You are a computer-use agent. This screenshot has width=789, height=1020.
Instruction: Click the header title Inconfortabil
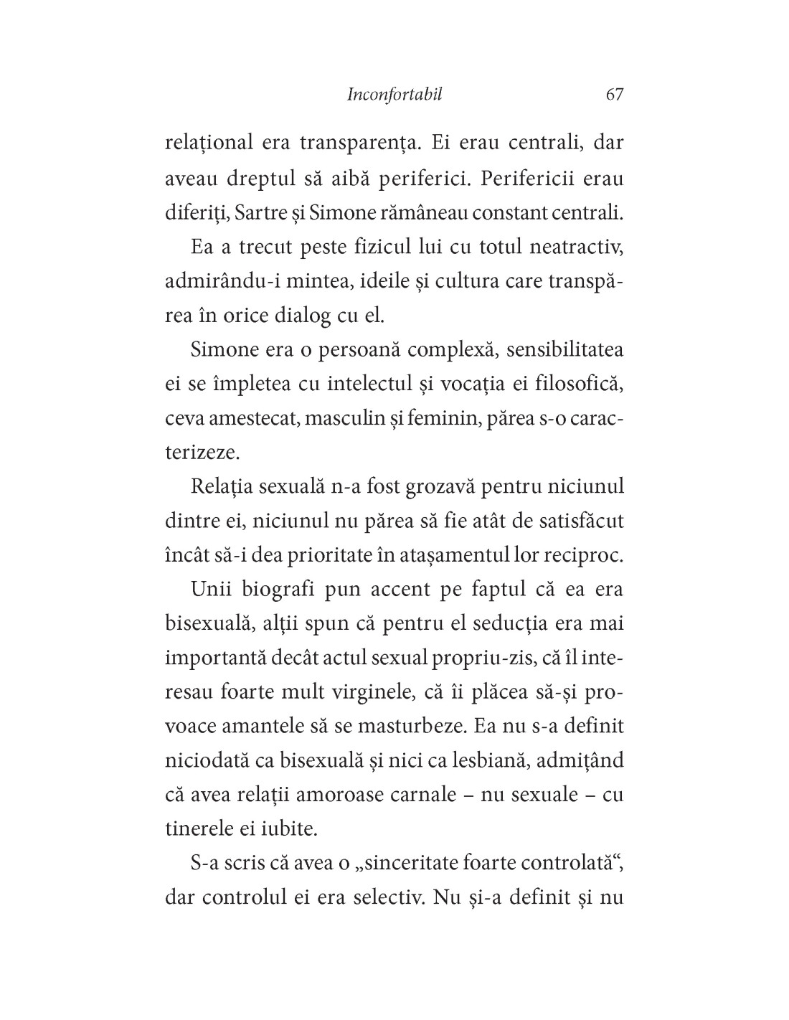tap(394, 95)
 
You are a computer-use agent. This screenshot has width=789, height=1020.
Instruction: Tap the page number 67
tap(614, 95)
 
